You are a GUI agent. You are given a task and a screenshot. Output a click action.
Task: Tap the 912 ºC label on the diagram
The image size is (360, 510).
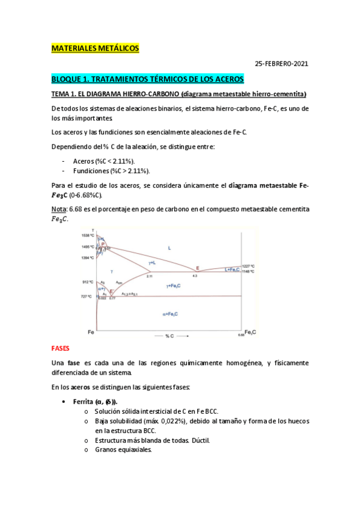click(87, 281)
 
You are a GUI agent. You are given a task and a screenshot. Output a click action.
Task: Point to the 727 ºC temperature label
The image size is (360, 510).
click(87, 296)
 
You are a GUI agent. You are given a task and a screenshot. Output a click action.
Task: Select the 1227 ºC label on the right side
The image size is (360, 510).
click(249, 266)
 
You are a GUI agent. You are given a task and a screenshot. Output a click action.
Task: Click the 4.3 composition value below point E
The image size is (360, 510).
click(195, 275)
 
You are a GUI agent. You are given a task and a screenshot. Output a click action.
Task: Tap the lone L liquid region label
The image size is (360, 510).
click(169, 247)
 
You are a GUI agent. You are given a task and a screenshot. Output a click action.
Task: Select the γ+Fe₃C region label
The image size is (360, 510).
click(174, 286)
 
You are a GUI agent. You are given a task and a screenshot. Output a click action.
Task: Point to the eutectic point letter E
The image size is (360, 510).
click(197, 268)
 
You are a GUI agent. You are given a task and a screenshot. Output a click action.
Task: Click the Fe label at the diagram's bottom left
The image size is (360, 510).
click(91, 332)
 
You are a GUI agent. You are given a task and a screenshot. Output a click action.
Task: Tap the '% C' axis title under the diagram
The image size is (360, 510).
click(170, 335)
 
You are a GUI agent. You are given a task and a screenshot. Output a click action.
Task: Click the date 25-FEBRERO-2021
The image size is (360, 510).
click(282, 63)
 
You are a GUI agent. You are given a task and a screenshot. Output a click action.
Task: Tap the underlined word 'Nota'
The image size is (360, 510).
click(59, 208)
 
